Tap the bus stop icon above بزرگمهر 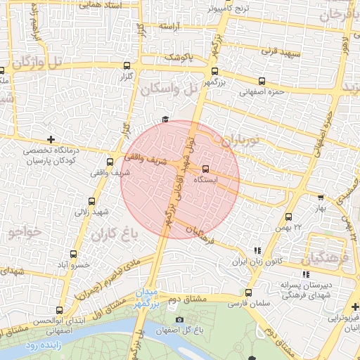[214, 71]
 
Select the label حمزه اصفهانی [262, 91]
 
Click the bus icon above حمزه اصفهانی [262, 81]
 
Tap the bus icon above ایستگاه [205, 169]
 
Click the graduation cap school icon [165, 119]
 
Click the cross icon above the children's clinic [50, 139]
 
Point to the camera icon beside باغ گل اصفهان [179, 320]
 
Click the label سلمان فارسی [247, 303]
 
